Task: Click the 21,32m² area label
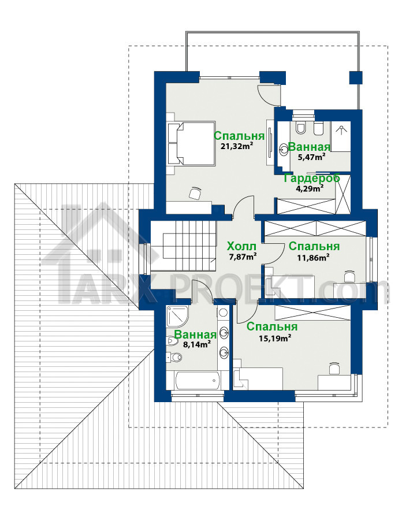click(237, 146)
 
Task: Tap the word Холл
click(241, 246)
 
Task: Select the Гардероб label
click(312, 178)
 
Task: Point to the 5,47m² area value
click(311, 157)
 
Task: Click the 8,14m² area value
click(197, 344)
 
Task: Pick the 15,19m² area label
click(275, 338)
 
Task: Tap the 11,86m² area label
click(313, 257)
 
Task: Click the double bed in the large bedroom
click(191, 143)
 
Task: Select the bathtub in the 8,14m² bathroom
click(198, 380)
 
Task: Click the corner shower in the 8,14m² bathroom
click(178, 317)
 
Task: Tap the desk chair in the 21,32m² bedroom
click(195, 193)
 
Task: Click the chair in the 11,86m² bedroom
click(349, 275)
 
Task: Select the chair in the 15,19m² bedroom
click(334, 369)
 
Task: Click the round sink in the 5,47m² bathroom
click(284, 150)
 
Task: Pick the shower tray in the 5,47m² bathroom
click(340, 136)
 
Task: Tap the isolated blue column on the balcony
click(356, 77)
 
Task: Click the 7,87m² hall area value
click(243, 257)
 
